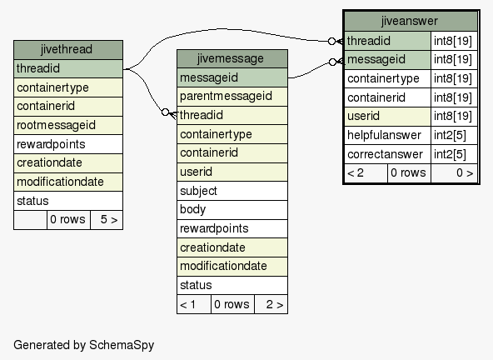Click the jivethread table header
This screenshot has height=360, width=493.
tap(68, 50)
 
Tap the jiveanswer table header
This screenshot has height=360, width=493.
tap(411, 22)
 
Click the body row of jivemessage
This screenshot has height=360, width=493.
tap(232, 209)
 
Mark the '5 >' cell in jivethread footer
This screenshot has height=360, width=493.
tap(107, 220)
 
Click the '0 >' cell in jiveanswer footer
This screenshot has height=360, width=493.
tap(455, 173)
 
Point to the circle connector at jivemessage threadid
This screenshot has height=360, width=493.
tap(166, 112)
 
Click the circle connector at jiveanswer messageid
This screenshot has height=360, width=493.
tap(332, 62)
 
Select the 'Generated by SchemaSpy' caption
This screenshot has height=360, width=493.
tap(84, 345)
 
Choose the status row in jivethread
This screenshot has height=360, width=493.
tap(68, 201)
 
